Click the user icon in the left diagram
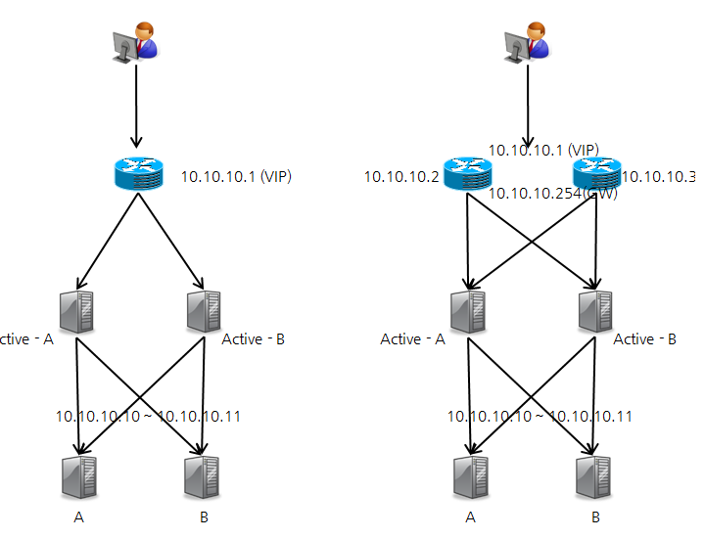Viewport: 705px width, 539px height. click(x=135, y=42)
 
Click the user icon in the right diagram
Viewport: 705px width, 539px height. click(x=528, y=42)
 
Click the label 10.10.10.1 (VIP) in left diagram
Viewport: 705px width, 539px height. click(x=236, y=177)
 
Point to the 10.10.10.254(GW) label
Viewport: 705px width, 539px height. click(x=553, y=193)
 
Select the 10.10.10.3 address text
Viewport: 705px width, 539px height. click(x=658, y=177)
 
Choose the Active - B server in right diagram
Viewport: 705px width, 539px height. click(x=594, y=310)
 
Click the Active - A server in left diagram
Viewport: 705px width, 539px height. click(x=76, y=310)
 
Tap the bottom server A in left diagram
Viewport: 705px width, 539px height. click(x=77, y=477)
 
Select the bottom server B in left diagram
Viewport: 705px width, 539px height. click(x=202, y=477)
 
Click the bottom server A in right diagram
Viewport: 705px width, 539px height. click(x=470, y=477)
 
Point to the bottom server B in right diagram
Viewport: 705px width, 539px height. click(x=594, y=477)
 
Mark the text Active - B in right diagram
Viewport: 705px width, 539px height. click(x=644, y=339)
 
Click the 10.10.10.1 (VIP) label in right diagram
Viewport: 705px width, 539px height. click(x=543, y=150)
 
